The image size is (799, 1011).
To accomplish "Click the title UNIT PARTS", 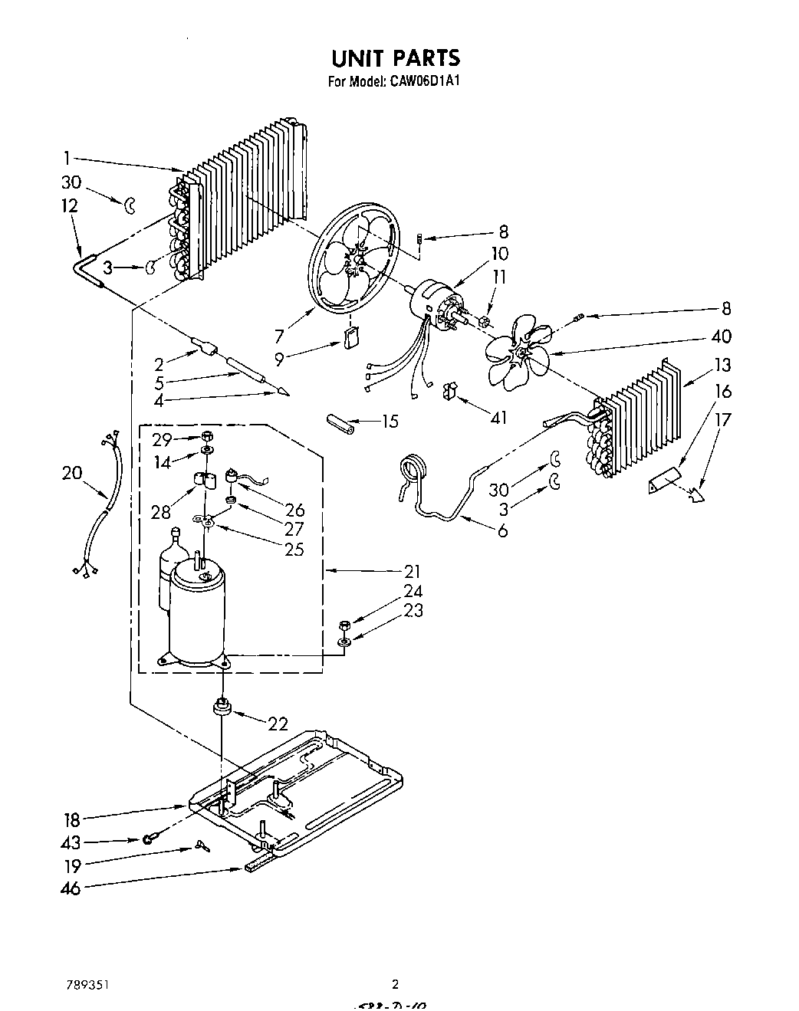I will click(395, 58).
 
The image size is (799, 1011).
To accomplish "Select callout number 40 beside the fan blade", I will click(721, 336).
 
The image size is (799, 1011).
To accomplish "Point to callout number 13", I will click(722, 365).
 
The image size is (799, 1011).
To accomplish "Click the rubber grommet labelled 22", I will click(223, 707).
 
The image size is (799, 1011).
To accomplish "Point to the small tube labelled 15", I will click(338, 422).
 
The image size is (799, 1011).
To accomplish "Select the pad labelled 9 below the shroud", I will click(353, 338).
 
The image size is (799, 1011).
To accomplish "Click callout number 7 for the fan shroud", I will click(279, 335).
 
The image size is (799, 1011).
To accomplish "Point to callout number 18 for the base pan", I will click(71, 819).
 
